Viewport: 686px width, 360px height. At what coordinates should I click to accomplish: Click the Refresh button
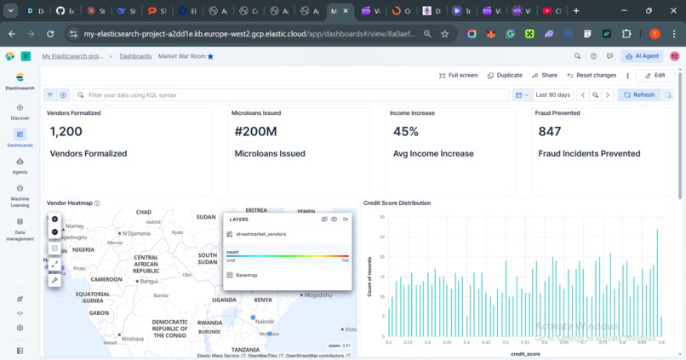639,95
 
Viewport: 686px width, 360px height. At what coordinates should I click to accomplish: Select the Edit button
655,75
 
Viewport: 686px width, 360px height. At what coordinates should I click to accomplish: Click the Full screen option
458,75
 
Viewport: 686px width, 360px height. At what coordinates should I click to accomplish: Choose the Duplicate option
505,75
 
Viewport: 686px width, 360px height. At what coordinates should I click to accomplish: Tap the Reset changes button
592,75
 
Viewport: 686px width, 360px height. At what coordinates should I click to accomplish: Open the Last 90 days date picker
552,95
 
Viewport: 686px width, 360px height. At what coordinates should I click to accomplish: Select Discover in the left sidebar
20,112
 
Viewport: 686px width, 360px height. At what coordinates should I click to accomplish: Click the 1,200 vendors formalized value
66,132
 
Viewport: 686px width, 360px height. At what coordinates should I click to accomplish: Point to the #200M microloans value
256,132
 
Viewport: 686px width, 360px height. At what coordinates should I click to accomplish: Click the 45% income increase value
406,132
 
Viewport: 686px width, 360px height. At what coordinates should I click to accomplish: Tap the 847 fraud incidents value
550,132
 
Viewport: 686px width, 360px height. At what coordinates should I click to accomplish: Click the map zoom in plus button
55,219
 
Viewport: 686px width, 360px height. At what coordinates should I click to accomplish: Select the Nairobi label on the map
266,322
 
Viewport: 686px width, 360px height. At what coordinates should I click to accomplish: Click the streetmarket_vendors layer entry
260,234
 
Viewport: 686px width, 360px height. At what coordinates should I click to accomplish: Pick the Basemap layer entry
246,276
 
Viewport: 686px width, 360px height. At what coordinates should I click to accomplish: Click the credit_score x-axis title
525,353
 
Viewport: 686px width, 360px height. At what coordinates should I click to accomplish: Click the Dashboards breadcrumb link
135,56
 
